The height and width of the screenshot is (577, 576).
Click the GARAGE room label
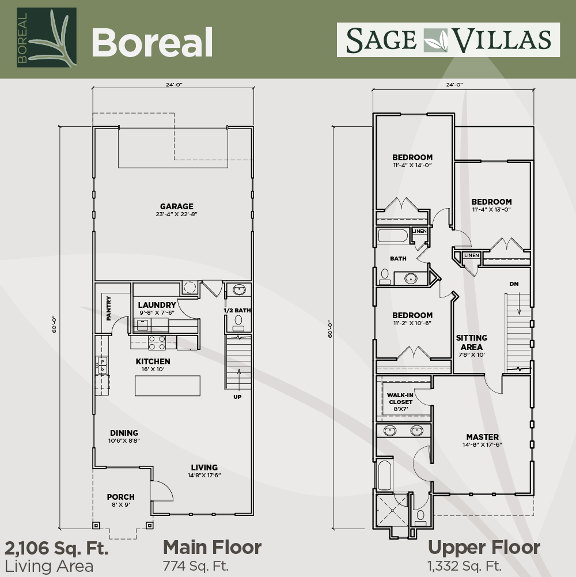(x=177, y=206)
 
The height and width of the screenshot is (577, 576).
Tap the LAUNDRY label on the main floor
(x=157, y=305)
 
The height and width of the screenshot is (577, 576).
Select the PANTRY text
(x=108, y=308)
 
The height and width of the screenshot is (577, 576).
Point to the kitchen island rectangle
(x=168, y=386)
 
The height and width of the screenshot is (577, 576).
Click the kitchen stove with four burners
(x=157, y=342)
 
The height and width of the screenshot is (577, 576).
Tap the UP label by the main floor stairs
(x=238, y=397)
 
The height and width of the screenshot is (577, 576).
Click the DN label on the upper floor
(x=514, y=284)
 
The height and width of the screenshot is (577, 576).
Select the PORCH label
(x=120, y=497)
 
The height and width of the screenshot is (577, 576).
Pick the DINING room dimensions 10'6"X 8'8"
(x=124, y=440)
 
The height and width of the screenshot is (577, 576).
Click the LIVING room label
(x=204, y=467)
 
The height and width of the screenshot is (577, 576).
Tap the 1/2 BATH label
(x=237, y=310)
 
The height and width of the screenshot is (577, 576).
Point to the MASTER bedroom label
(x=483, y=437)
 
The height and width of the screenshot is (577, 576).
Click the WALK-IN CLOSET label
(x=400, y=398)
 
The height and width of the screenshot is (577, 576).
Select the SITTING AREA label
(x=472, y=342)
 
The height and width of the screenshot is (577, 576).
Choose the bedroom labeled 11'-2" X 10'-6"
(x=412, y=319)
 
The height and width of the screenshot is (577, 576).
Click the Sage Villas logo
(x=448, y=40)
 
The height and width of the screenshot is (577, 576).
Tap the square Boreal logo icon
(x=46, y=37)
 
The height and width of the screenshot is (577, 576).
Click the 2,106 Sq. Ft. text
(x=56, y=548)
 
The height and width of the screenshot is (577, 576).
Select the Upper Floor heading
(x=484, y=548)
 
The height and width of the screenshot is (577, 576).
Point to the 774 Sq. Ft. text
(x=196, y=565)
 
